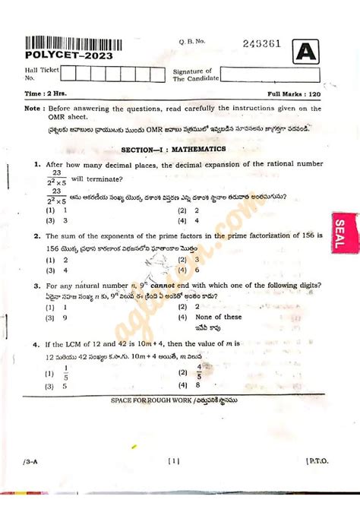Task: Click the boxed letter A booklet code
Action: tap(305, 51)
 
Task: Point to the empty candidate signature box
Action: tap(271, 74)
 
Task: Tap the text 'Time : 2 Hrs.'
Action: tap(44, 93)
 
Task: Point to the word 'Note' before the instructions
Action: tap(33, 109)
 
